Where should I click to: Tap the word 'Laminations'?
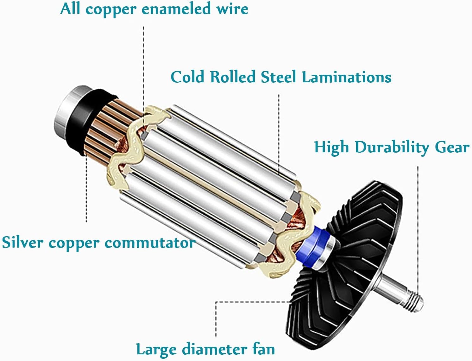point(347,77)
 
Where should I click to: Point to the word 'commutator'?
point(149,243)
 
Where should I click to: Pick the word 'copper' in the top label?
point(111,9)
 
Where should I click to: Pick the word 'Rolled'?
point(233,77)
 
